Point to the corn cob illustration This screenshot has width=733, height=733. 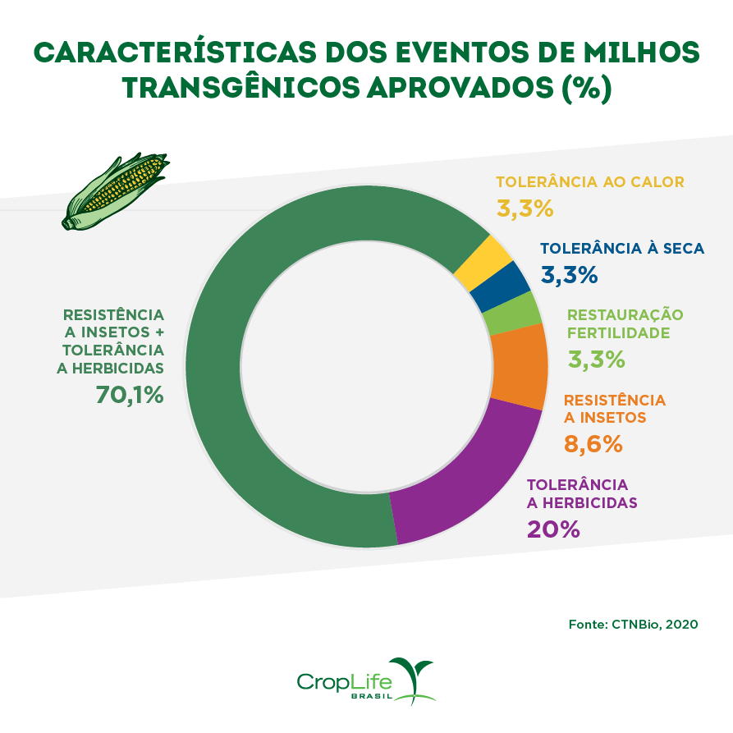coord(115,191)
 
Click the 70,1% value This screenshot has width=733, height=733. coord(130,395)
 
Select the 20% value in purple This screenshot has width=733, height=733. coord(553,529)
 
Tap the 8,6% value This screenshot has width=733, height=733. coord(593,444)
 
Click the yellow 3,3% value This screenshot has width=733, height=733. coord(525,208)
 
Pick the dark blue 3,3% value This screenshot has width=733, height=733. coord(569,275)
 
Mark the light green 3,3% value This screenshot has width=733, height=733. coord(596,359)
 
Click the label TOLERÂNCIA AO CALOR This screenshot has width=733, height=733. coord(589,181)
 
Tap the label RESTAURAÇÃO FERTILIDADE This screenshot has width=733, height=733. coord(625,323)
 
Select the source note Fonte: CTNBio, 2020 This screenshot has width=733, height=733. coord(633,624)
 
